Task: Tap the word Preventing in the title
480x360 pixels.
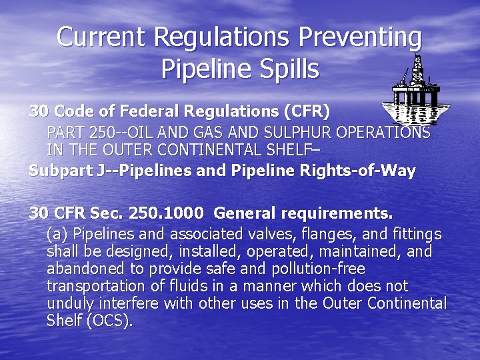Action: [x=360, y=37]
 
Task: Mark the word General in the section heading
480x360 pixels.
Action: [x=245, y=213]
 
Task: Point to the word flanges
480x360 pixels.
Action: [x=319, y=234]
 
